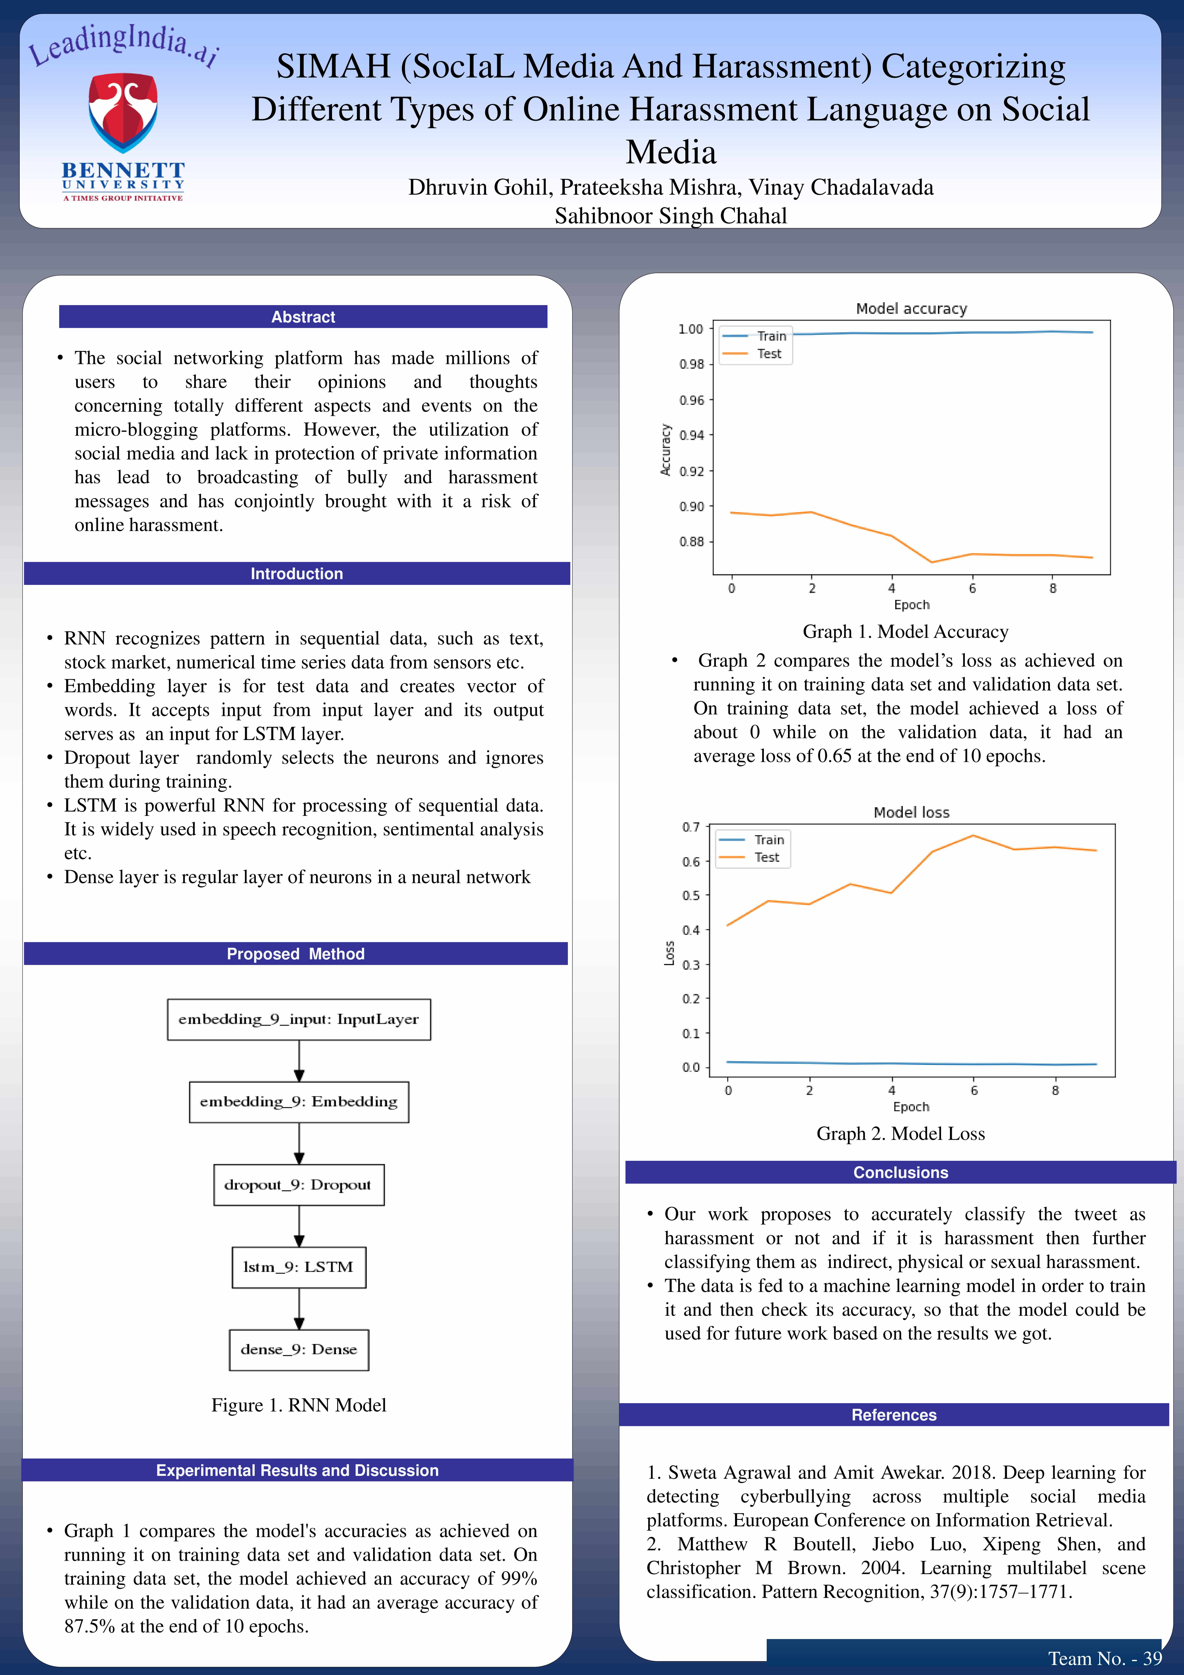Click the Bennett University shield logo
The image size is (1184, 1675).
point(122,112)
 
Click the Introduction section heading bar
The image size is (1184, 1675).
point(297,573)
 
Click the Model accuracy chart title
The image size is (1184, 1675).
point(911,309)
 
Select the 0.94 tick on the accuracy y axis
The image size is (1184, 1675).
point(691,435)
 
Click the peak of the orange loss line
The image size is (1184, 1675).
point(973,835)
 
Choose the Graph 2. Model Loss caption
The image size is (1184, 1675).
point(900,1134)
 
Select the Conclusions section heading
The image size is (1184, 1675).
point(900,1172)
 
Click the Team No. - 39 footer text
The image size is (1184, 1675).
point(1105,1658)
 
